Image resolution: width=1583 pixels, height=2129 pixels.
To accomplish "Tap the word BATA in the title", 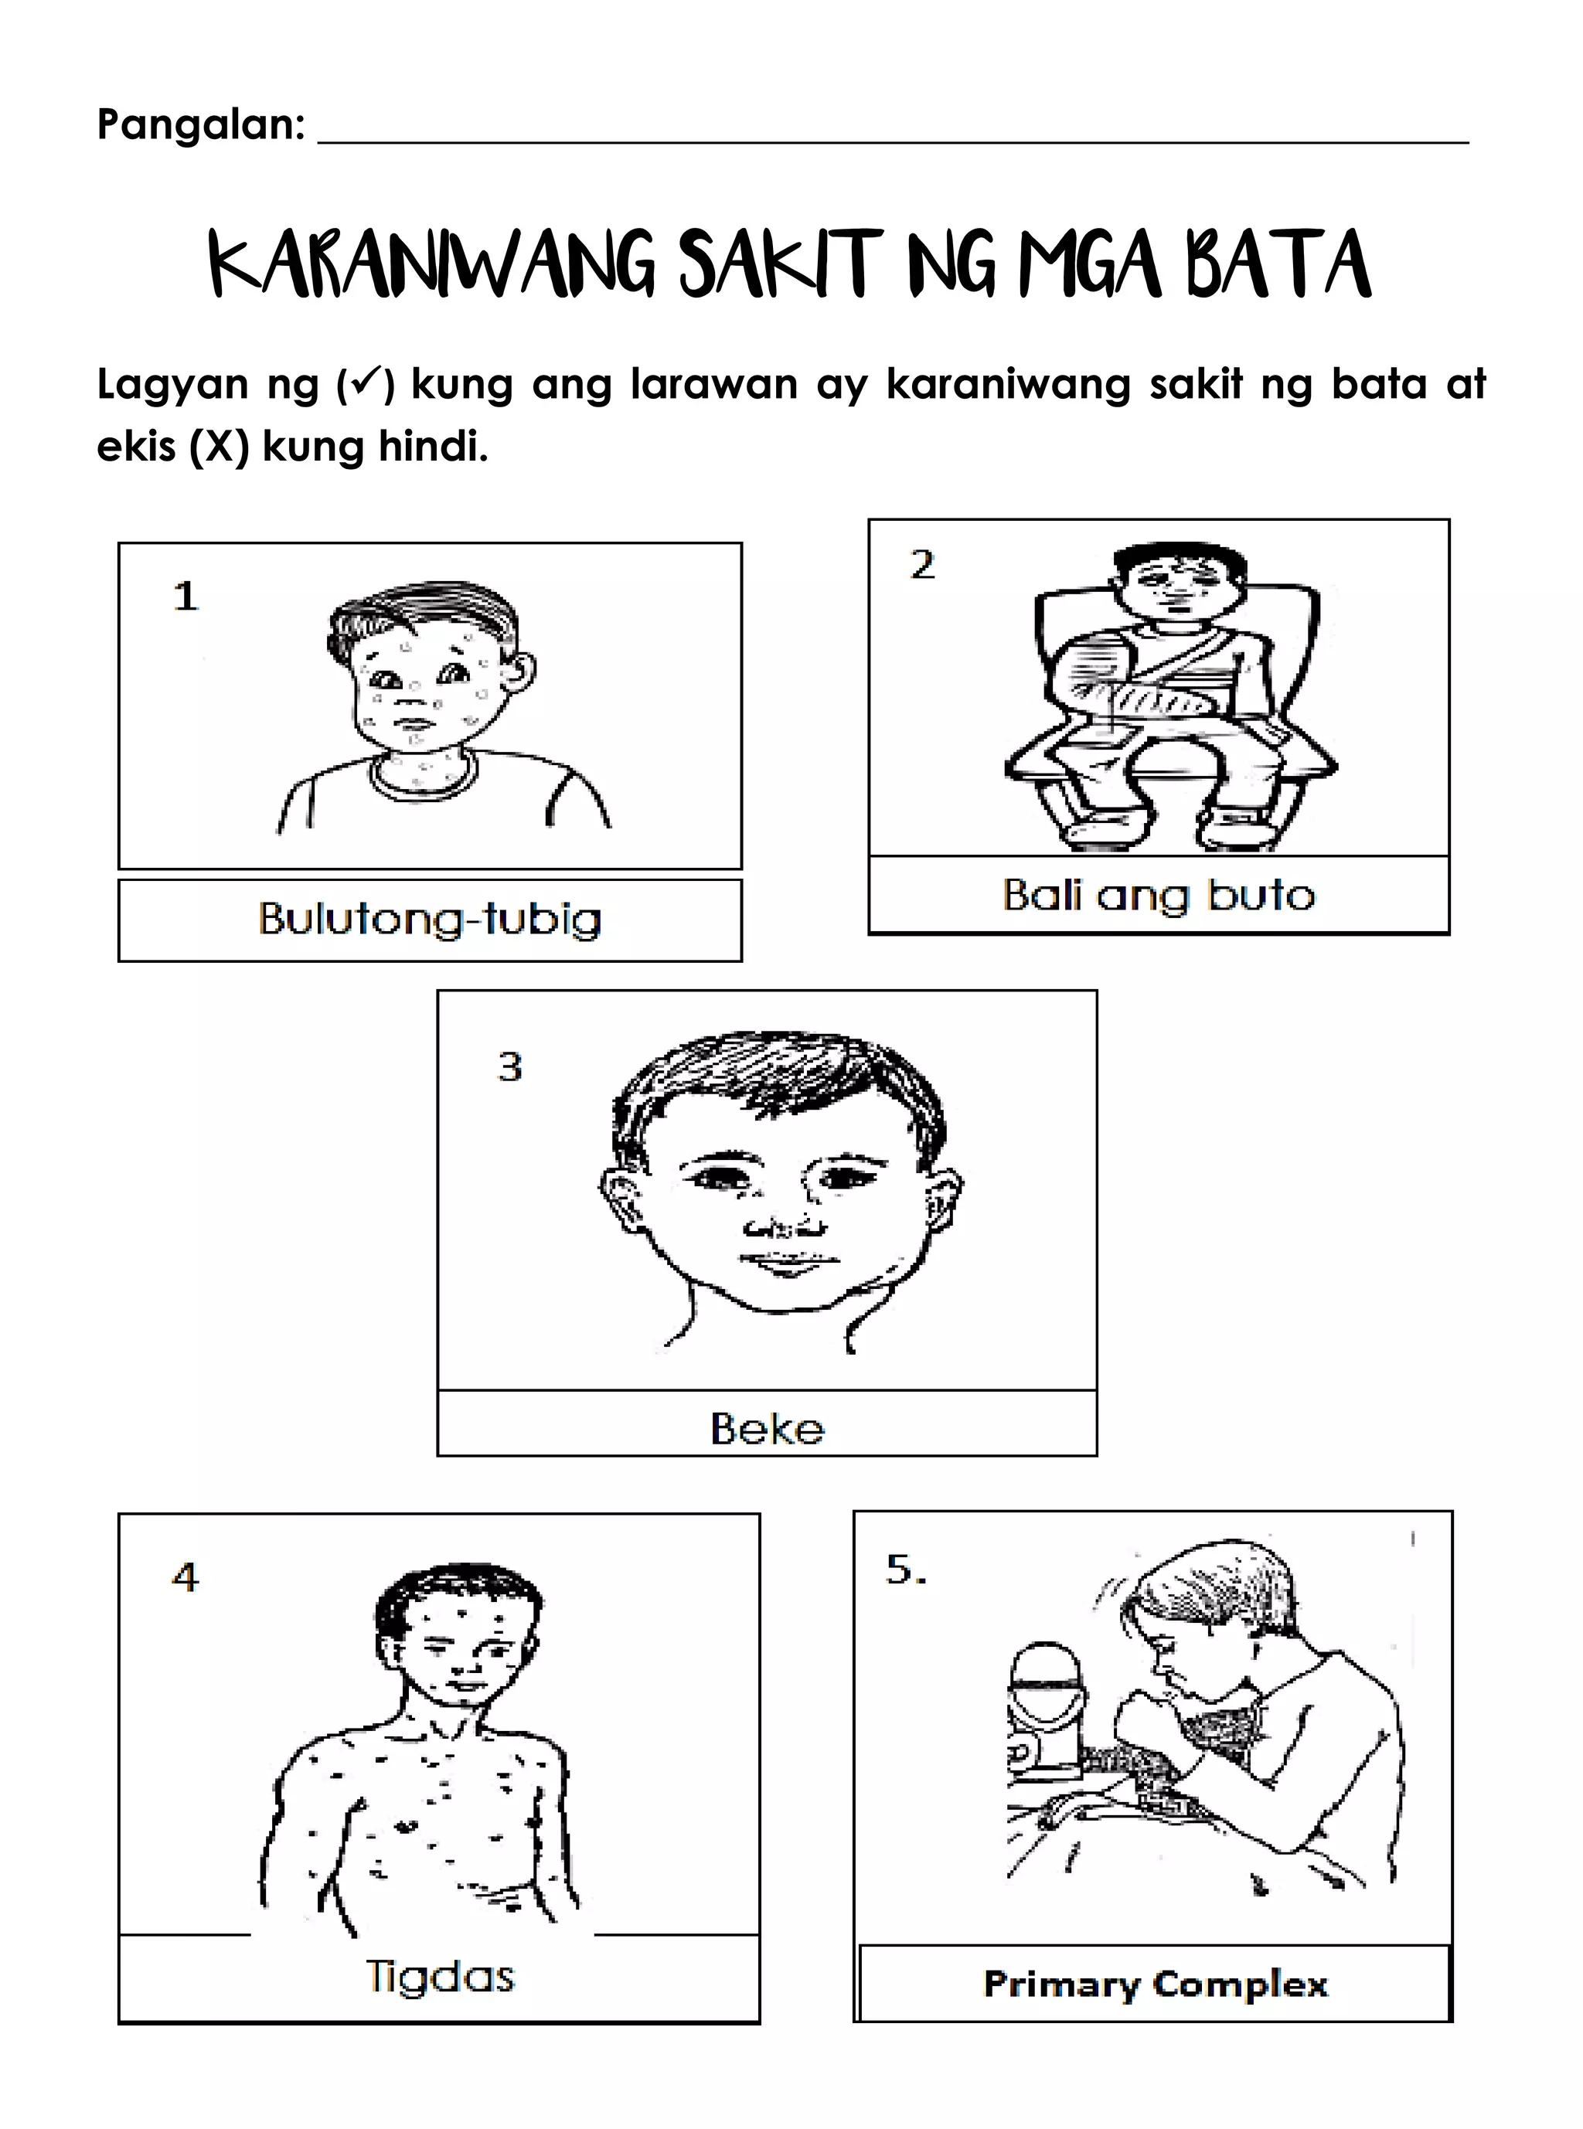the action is pyautogui.click(x=1279, y=264).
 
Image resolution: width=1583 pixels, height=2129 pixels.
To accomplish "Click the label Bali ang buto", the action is pyautogui.click(x=1159, y=896).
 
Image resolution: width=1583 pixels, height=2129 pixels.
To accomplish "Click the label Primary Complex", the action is pyautogui.click(x=1156, y=1984).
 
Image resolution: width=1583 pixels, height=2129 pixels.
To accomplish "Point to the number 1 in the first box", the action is pyautogui.click(x=185, y=597).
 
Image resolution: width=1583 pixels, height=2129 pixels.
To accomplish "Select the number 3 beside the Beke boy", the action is pyautogui.click(x=510, y=1066).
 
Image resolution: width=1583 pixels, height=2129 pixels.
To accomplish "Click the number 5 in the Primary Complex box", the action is pyautogui.click(x=906, y=1570).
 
